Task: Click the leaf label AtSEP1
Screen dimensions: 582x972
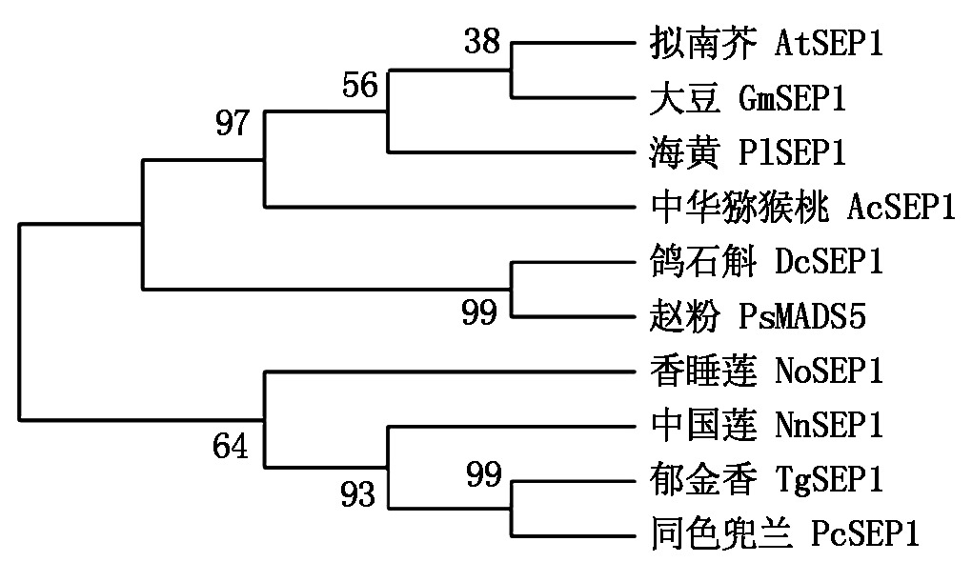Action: click(830, 44)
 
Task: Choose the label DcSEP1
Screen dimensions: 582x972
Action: click(830, 261)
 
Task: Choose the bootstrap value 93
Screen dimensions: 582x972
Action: click(358, 493)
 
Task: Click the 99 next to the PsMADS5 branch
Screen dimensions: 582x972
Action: click(478, 311)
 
